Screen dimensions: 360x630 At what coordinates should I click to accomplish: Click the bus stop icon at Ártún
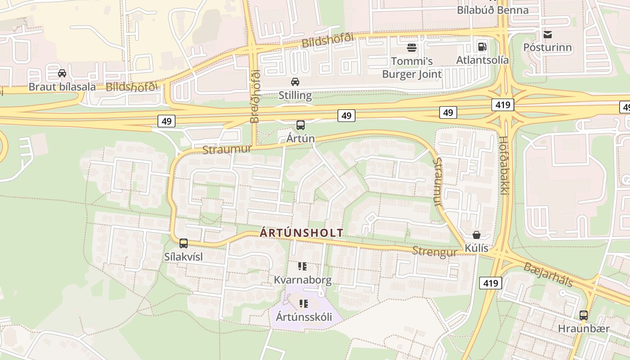pyautogui.click(x=301, y=125)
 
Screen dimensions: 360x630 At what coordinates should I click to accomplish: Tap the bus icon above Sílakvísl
pyautogui.click(x=184, y=243)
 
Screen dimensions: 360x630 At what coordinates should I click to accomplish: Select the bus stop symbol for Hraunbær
pyautogui.click(x=584, y=315)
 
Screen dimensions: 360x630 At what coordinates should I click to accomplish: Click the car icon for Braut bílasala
pyautogui.click(x=62, y=73)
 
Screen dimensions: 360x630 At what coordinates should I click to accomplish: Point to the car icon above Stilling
pyautogui.click(x=295, y=82)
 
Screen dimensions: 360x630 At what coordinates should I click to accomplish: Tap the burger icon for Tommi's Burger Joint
pyautogui.click(x=411, y=47)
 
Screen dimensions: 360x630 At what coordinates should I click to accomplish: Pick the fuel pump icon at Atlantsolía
pyautogui.click(x=482, y=46)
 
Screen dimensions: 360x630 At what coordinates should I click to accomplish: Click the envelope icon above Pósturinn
pyautogui.click(x=548, y=34)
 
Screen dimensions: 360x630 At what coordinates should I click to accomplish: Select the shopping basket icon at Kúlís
pyautogui.click(x=477, y=235)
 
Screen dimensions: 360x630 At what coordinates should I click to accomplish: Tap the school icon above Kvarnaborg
pyautogui.click(x=302, y=266)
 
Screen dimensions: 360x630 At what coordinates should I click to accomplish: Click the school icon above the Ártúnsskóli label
pyautogui.click(x=304, y=304)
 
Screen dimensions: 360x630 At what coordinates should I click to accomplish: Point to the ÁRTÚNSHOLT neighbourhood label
pyautogui.click(x=301, y=233)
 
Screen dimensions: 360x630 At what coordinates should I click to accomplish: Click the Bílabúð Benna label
pyautogui.click(x=493, y=10)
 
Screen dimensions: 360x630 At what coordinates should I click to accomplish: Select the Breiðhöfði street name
pyautogui.click(x=255, y=96)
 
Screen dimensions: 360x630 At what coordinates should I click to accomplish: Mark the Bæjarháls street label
pyautogui.click(x=548, y=274)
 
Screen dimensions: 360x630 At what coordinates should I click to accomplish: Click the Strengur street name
pyautogui.click(x=435, y=252)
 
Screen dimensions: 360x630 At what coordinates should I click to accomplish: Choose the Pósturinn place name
pyautogui.click(x=548, y=48)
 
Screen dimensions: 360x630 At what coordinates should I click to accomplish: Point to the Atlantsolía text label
pyautogui.click(x=482, y=60)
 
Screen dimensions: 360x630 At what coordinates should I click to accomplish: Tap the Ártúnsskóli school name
pyautogui.click(x=304, y=317)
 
